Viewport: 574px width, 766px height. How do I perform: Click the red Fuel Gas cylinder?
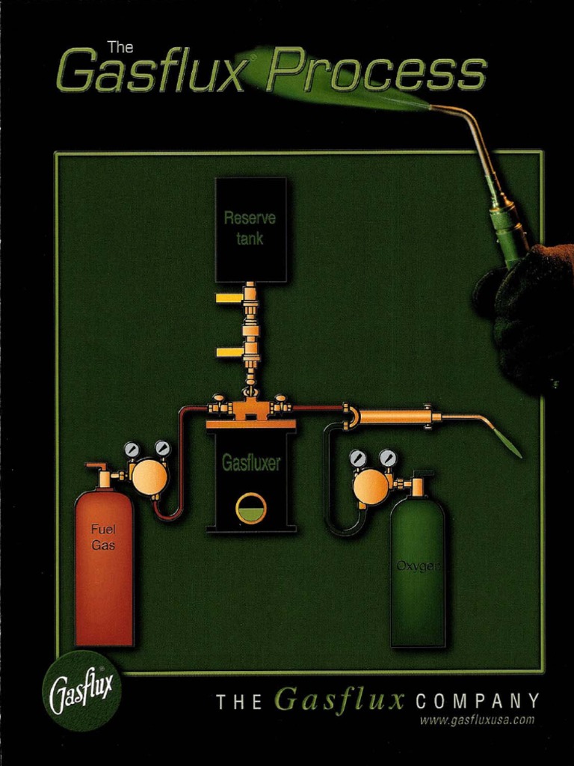[104, 569]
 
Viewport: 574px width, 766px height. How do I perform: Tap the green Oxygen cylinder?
[418, 576]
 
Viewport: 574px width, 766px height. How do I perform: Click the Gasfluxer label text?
[251, 464]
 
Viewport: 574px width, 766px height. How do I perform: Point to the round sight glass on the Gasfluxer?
[251, 509]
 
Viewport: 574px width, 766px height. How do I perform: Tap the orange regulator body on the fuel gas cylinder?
[149, 477]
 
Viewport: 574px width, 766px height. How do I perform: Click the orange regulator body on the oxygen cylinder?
[371, 487]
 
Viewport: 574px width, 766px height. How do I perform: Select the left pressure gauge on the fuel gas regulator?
[132, 450]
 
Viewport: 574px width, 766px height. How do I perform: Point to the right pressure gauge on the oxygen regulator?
[387, 458]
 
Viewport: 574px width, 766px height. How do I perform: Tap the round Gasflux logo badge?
[81, 691]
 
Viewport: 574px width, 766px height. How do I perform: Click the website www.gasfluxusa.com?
[477, 720]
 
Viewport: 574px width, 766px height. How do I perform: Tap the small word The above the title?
[120, 47]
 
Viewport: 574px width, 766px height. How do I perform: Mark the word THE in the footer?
[239, 702]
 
